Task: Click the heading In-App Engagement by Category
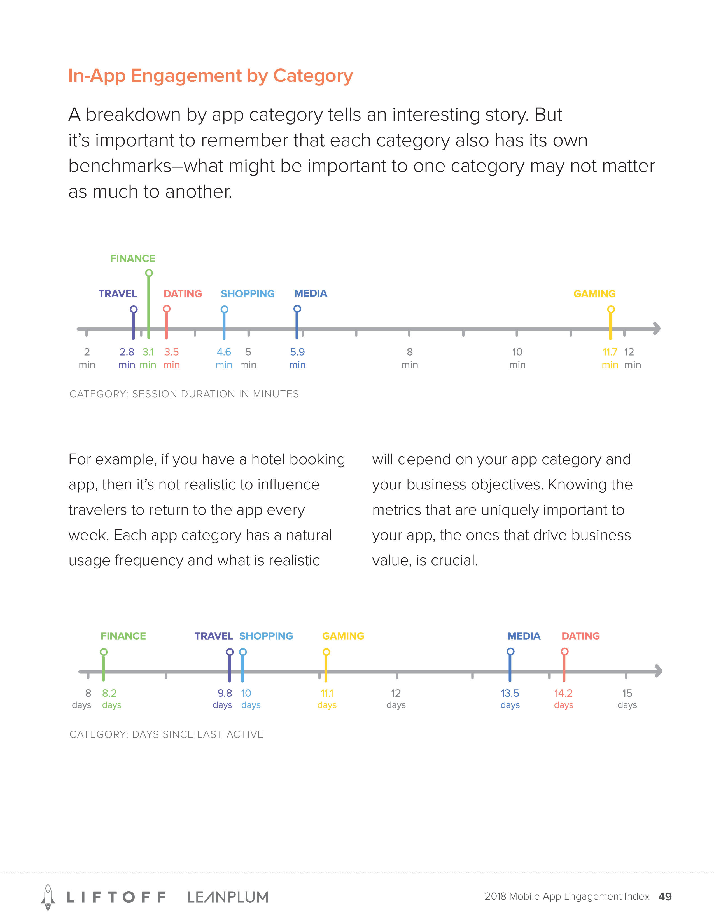tap(210, 76)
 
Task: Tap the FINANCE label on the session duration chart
tap(132, 258)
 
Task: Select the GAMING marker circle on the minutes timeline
tap(611, 309)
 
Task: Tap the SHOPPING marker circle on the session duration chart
tap(225, 309)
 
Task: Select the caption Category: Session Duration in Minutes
tap(184, 394)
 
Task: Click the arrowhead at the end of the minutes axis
tap(657, 328)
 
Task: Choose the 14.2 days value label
tap(563, 699)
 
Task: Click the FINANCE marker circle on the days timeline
tap(104, 652)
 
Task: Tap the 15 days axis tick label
tap(627, 699)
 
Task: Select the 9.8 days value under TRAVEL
tap(223, 699)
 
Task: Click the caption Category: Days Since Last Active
tap(166, 734)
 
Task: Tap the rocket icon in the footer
tap(48, 897)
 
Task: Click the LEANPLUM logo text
tap(228, 897)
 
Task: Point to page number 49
tap(665, 897)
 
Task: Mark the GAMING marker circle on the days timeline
tap(326, 652)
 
